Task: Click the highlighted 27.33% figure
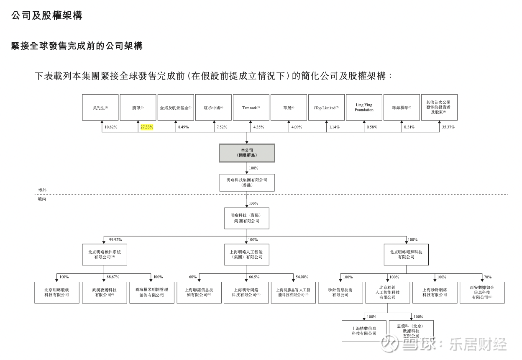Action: [x=147, y=127]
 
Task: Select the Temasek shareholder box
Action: [x=251, y=108]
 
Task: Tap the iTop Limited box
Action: [x=326, y=108]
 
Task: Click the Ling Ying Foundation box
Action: [x=364, y=108]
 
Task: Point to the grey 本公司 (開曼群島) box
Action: [x=247, y=153]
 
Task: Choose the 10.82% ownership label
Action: [x=111, y=127]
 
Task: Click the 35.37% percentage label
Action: [x=448, y=127]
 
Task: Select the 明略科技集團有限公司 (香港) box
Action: [x=247, y=183]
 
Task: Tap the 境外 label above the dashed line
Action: [x=42, y=190]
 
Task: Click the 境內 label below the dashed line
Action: [x=42, y=199]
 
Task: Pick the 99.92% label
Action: [x=115, y=240]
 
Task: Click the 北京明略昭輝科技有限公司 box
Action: [x=406, y=255]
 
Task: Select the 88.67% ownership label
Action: [x=113, y=277]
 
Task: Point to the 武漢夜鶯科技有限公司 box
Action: [x=104, y=292]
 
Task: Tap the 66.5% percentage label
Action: [x=254, y=277]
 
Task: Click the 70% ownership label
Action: [x=488, y=277]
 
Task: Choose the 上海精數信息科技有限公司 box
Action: [x=364, y=331]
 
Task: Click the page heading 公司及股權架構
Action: [x=47, y=15]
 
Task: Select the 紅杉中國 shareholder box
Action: [x=213, y=108]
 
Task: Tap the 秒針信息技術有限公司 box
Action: [x=340, y=292]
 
